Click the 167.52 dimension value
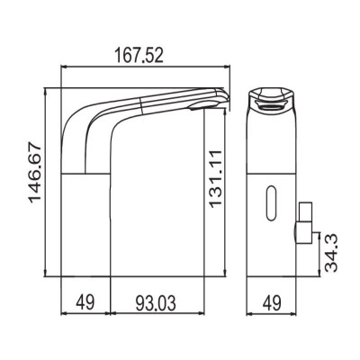(139, 56)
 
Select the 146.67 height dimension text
(34, 174)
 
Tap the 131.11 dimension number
(215, 179)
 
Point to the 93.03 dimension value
(156, 302)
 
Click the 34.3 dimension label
(331, 254)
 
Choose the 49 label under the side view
(85, 302)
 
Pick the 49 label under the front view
(272, 303)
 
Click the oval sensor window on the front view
(271, 203)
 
